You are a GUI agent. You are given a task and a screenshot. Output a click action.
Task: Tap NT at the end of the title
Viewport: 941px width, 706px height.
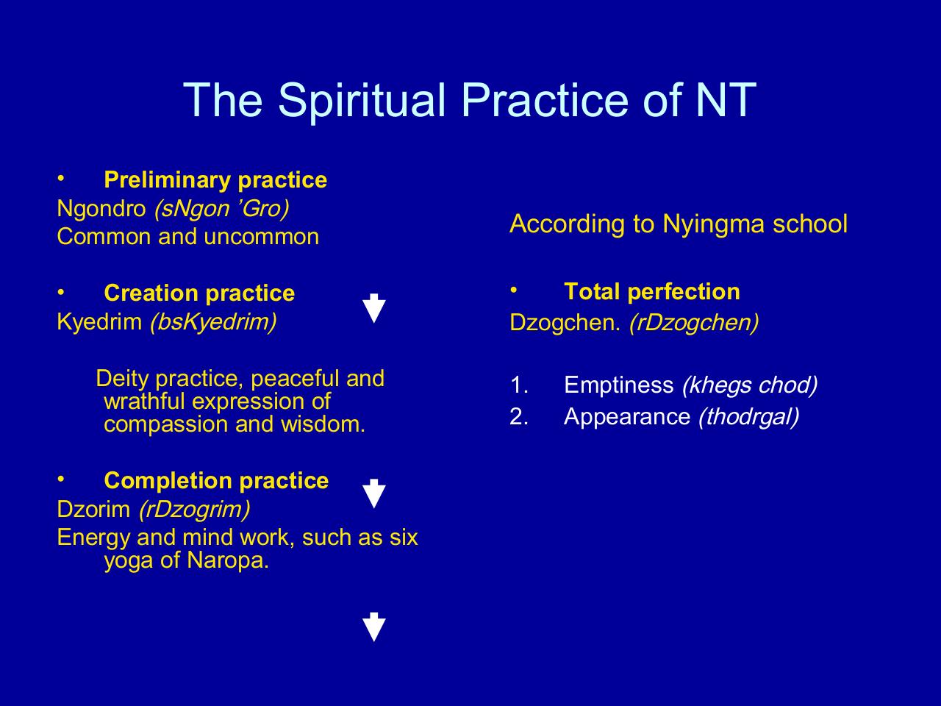[x=726, y=99]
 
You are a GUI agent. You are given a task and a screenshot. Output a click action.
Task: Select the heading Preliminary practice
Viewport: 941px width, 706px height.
[x=215, y=179]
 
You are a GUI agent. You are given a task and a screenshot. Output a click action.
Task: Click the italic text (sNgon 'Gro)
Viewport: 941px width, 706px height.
[x=221, y=209]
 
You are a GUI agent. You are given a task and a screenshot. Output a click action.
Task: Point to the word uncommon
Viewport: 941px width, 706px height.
[x=262, y=237]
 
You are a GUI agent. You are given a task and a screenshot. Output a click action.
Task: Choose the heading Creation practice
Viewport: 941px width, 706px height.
[x=199, y=293]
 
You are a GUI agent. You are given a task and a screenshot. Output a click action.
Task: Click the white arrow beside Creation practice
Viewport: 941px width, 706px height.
[x=374, y=308]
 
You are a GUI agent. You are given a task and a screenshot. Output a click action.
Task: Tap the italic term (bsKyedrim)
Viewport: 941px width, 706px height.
[x=213, y=322]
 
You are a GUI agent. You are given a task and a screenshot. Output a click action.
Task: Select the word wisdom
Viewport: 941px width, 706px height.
[x=323, y=424]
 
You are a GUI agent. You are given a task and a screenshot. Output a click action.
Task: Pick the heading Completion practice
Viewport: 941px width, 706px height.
[x=216, y=480]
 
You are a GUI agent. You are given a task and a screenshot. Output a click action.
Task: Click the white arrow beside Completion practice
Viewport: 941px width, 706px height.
[x=374, y=493]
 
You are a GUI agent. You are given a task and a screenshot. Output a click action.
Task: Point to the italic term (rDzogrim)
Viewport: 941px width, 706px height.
[x=195, y=510]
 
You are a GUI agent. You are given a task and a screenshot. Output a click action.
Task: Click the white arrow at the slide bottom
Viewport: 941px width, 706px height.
[x=374, y=627]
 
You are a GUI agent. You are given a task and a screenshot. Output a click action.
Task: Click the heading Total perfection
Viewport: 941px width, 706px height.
[x=652, y=291]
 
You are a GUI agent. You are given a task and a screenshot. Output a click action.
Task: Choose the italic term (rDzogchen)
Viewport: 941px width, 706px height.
[x=694, y=322]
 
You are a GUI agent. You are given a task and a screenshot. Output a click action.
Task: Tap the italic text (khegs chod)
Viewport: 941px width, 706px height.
[x=750, y=385]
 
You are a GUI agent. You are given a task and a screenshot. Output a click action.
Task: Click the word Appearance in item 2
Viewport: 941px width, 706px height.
[x=627, y=417]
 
